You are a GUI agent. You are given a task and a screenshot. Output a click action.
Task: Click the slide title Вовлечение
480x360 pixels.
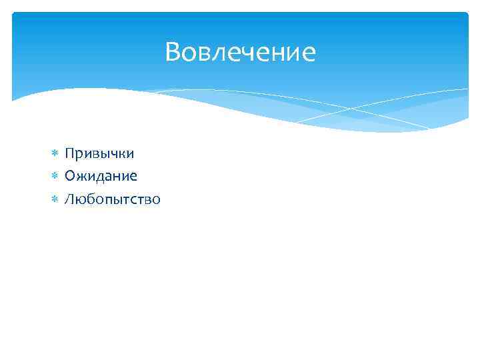(240, 52)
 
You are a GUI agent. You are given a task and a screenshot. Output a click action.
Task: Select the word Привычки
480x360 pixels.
(99, 154)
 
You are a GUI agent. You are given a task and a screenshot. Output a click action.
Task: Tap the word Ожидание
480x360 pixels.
(101, 176)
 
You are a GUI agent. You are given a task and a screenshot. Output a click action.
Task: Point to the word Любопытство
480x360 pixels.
(112, 199)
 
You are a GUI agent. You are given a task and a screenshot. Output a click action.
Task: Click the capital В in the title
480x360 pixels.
(173, 52)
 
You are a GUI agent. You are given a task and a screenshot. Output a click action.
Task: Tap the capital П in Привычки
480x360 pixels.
(69, 153)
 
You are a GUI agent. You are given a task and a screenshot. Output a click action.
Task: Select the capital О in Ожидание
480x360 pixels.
(70, 176)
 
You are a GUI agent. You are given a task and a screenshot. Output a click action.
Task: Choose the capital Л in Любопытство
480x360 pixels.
(69, 199)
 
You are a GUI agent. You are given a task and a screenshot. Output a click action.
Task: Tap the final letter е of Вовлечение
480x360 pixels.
(309, 53)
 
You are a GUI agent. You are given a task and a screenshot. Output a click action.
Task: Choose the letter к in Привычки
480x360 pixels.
(122, 155)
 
